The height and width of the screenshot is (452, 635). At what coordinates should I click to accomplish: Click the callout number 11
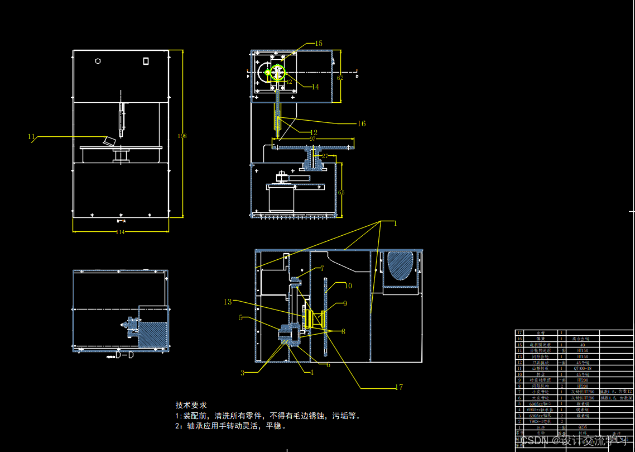[31, 136]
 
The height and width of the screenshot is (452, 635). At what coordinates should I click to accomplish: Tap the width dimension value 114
[120, 232]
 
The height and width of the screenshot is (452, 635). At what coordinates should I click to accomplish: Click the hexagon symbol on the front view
[98, 61]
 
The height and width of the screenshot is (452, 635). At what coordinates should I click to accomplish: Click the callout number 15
[319, 43]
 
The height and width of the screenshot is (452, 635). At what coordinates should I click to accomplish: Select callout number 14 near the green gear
[315, 87]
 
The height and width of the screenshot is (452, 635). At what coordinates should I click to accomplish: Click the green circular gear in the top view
[276, 73]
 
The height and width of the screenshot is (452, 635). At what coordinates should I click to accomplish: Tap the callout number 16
[362, 123]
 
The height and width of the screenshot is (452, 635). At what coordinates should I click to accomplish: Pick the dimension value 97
[312, 138]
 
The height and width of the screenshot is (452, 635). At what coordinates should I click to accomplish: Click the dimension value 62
[340, 78]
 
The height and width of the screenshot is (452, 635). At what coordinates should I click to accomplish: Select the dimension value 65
[341, 192]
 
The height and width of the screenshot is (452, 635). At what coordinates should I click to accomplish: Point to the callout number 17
[398, 387]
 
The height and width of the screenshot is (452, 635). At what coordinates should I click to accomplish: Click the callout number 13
[228, 302]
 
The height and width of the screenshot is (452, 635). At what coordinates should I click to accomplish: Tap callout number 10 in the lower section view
[348, 286]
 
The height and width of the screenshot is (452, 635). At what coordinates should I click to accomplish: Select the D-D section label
[124, 355]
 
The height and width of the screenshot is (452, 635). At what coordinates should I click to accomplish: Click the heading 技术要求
[191, 405]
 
